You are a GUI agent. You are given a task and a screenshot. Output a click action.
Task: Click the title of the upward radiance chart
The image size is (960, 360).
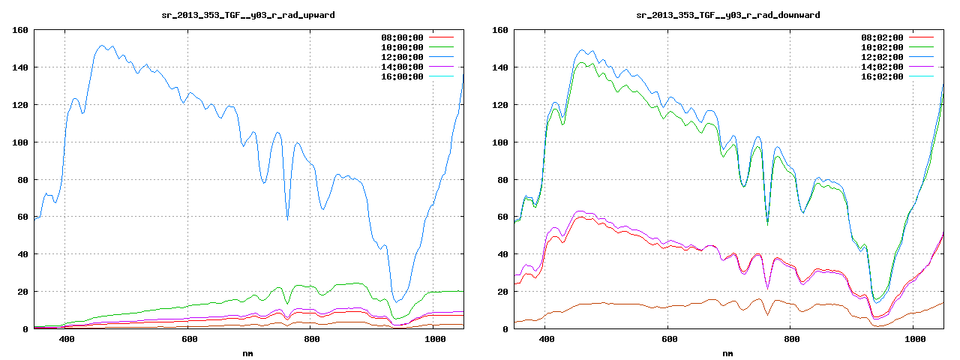(248, 15)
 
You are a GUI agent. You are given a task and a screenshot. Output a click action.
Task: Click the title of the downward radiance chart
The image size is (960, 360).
(728, 15)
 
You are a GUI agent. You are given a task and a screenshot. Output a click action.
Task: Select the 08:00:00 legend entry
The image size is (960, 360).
(401, 37)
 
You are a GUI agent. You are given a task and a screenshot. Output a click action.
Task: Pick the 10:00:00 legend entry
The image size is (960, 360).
(401, 47)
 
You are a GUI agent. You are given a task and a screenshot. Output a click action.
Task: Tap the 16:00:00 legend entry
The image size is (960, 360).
(401, 76)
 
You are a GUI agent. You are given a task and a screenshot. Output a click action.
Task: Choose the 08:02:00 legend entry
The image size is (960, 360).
(882, 37)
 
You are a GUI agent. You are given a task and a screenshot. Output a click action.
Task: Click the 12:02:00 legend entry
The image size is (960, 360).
(882, 57)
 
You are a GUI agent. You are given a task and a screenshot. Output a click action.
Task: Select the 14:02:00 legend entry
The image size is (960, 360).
(882, 67)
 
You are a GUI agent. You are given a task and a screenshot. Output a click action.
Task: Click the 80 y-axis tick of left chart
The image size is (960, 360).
(22, 180)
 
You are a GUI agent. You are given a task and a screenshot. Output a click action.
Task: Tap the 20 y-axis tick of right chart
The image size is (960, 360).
(502, 292)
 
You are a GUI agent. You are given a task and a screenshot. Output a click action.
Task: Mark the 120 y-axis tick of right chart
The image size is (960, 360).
(499, 105)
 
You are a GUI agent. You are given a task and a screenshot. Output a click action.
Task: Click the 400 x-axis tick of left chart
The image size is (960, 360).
(66, 340)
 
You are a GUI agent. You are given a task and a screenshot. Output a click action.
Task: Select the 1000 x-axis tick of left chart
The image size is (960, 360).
(435, 340)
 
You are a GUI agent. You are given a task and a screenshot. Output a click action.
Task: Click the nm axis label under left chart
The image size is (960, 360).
(248, 352)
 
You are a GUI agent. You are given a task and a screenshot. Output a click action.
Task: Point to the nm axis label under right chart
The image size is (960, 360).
(728, 352)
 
